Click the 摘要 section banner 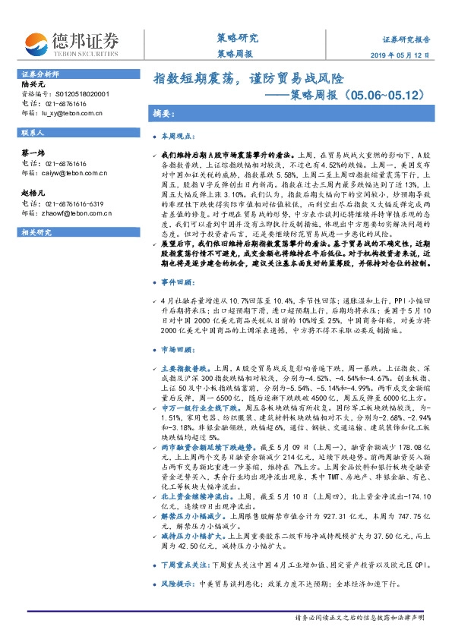pos(163,113)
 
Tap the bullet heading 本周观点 pos(183,138)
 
